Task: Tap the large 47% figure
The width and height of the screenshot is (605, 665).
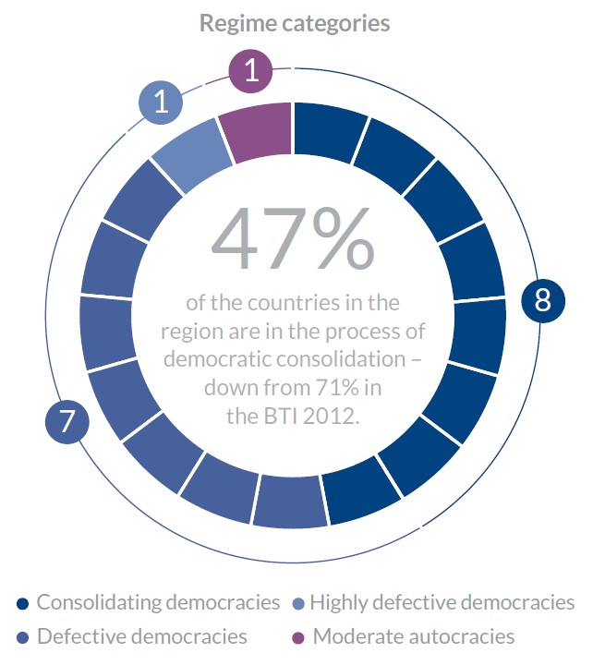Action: pos(293,238)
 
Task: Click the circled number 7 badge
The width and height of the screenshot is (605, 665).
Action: pos(67,422)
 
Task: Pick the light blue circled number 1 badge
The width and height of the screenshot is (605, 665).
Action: pos(162,102)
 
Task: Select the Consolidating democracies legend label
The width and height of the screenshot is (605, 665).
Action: pos(158,603)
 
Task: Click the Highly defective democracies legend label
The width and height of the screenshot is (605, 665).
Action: pos(442,603)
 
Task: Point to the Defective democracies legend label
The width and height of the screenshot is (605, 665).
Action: pos(142,636)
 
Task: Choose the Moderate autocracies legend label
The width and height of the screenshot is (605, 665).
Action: pos(414,636)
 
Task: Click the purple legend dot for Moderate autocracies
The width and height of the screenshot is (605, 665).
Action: pos(297,637)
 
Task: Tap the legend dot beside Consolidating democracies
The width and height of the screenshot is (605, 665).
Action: pos(22,604)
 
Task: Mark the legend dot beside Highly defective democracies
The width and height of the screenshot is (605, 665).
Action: pos(297,604)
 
